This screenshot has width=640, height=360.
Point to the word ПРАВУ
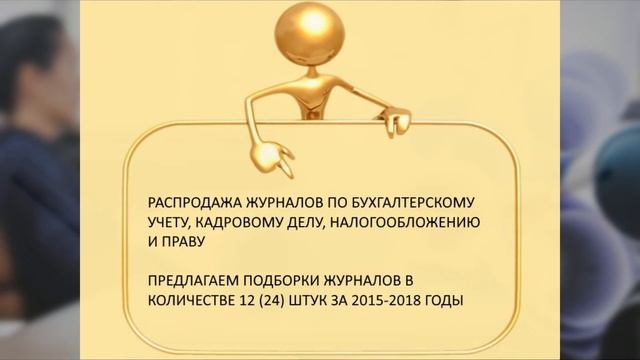pos(181,240)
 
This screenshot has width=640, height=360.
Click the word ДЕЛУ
pos(315,221)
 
